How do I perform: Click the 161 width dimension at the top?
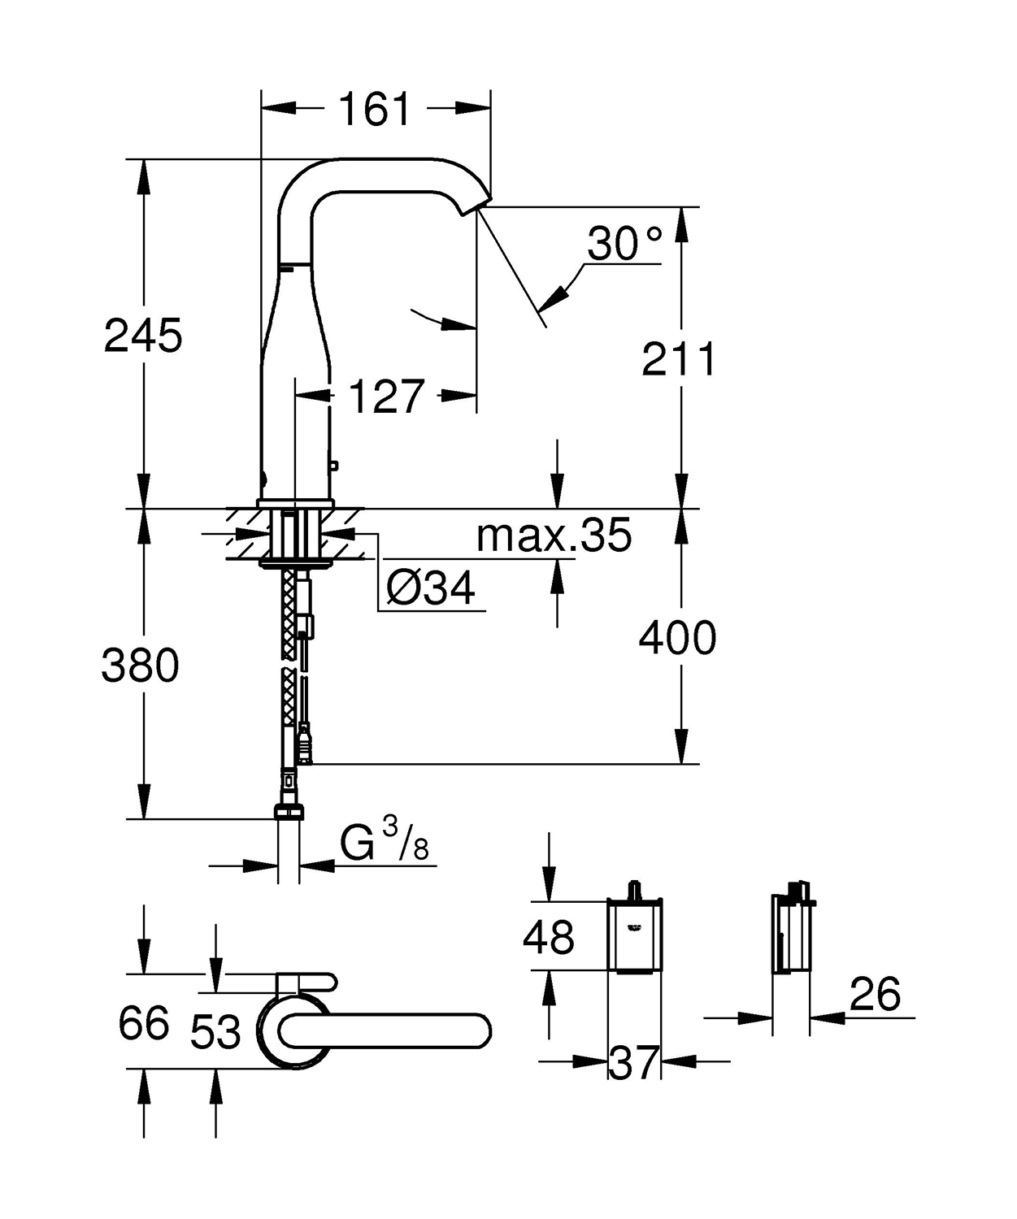375,109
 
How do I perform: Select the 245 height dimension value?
143,335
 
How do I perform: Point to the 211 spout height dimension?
679,359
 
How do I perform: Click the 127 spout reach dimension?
386,396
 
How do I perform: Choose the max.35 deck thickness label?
554,536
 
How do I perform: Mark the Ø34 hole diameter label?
431,588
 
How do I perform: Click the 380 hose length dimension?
140,666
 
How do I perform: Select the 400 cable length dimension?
677,638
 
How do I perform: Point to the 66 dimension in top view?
144,1022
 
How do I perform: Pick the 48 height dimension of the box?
550,936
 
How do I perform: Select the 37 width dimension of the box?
633,1062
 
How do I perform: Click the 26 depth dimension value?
875,994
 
